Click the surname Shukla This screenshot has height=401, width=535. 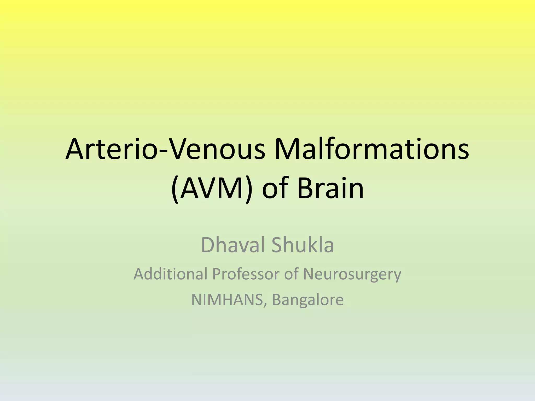click(x=303, y=245)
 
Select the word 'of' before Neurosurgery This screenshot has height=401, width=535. click(x=292, y=274)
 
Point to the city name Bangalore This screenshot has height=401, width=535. click(x=308, y=300)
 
